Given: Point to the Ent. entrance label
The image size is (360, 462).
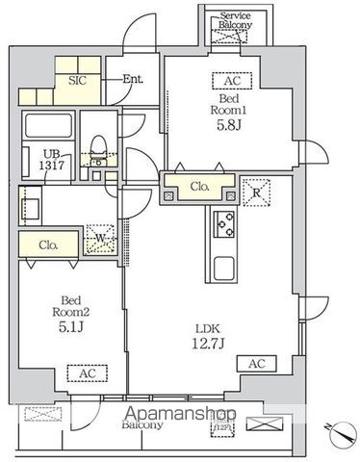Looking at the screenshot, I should (x=133, y=79).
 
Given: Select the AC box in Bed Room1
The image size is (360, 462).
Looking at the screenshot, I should (x=231, y=81).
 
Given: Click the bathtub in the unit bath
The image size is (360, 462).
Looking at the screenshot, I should (x=46, y=127).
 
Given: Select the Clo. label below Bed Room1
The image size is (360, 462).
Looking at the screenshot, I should (x=200, y=187).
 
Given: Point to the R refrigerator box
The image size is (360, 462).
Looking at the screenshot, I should (x=254, y=191).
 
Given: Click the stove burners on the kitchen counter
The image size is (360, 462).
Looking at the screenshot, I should (x=225, y=224).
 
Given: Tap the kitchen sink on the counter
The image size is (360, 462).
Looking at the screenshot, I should (x=225, y=268).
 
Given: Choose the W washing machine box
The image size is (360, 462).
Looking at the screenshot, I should (x=100, y=237).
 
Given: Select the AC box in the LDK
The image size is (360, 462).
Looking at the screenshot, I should (x=257, y=363).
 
